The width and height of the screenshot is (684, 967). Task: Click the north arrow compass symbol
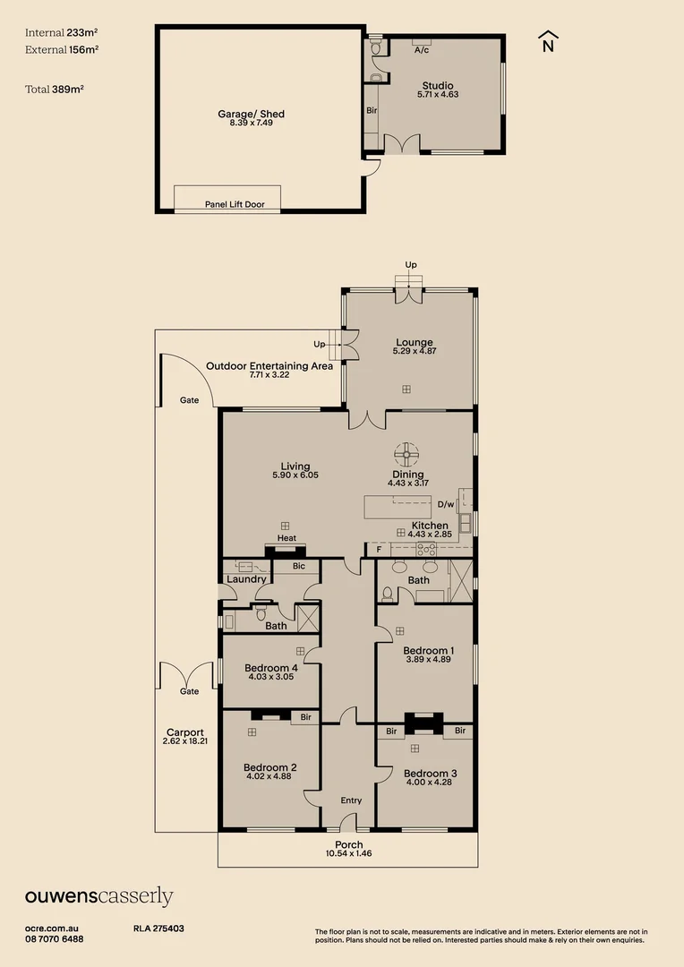(x=548, y=41)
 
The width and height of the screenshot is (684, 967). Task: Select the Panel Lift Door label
(x=235, y=205)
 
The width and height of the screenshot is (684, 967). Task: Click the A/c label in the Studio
(x=421, y=50)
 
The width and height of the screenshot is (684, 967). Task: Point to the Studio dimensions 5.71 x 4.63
(x=438, y=94)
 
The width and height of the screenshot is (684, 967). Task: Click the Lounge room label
(x=414, y=342)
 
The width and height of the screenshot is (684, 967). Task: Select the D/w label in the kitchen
(x=446, y=504)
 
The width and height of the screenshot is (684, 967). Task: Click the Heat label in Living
(x=286, y=538)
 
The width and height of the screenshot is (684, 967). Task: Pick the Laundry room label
(x=246, y=579)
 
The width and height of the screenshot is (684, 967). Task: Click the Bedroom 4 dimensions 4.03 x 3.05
(x=271, y=677)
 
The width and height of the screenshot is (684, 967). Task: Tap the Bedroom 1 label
(x=428, y=650)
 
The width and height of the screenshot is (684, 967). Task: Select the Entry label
(x=351, y=801)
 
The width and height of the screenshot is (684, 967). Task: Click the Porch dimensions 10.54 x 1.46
(x=349, y=853)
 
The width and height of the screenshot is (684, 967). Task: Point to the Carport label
(x=185, y=732)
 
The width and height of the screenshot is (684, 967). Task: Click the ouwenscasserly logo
(x=98, y=896)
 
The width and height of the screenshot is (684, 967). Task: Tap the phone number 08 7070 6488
(x=55, y=938)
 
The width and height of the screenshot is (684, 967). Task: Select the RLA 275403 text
(x=158, y=928)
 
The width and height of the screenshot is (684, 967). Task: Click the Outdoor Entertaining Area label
(x=269, y=365)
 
